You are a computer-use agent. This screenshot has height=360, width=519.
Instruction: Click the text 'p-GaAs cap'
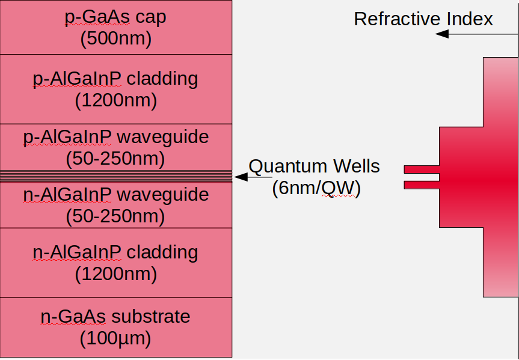(115, 17)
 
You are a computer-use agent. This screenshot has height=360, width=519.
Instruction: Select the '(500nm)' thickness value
(115, 38)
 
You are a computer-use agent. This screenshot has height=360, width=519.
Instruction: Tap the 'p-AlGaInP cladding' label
(115, 79)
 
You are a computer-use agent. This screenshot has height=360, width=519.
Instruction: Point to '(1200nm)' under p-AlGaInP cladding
(115, 100)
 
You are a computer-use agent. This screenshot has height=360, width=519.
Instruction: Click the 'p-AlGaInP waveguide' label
(115, 137)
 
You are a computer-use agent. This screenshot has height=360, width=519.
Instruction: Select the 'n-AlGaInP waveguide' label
(115, 195)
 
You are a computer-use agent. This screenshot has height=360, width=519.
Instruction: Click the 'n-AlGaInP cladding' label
(115, 252)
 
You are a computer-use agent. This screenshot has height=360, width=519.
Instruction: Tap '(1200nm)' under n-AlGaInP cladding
(115, 273)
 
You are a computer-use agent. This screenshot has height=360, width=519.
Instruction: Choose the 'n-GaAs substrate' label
(115, 317)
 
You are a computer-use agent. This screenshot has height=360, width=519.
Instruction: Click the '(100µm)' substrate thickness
(115, 338)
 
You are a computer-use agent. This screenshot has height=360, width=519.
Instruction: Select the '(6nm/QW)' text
(316, 188)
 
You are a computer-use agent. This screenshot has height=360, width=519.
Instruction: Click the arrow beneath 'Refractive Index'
(475, 34)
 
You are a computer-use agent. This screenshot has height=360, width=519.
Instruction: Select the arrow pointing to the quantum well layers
(253, 177)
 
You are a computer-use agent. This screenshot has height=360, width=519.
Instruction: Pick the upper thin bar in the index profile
(421, 169)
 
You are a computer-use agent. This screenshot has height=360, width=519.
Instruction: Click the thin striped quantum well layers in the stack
(115, 176)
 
